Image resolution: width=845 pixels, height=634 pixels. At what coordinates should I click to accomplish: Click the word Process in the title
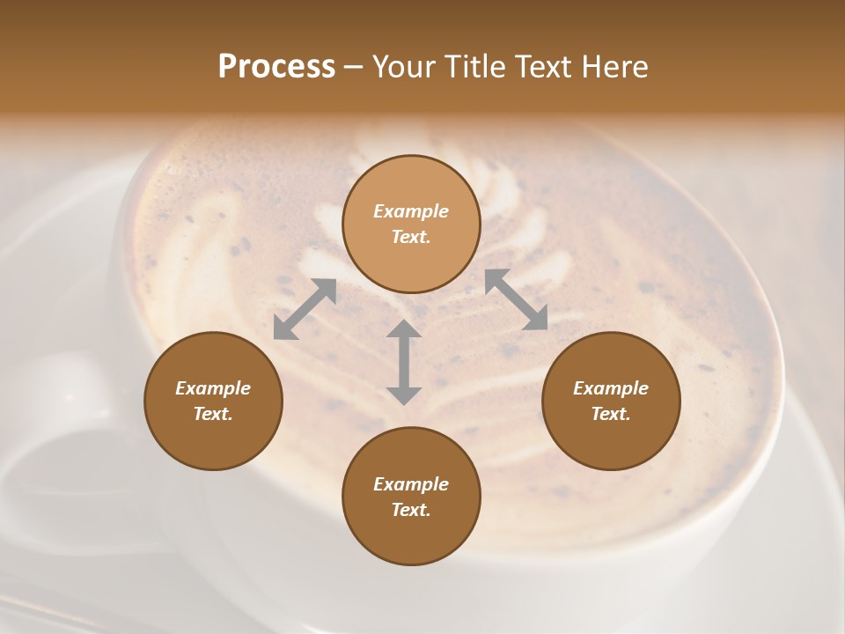coord(276,67)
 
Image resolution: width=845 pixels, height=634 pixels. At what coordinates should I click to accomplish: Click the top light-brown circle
coord(411,224)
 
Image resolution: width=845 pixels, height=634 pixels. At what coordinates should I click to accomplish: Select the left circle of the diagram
coord(213,401)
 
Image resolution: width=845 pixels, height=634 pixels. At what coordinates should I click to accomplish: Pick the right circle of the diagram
coord(611,401)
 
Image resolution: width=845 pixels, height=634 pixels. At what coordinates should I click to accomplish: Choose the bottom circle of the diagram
coord(411,497)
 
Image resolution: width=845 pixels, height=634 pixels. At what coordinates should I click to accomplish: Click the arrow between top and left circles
coord(305,309)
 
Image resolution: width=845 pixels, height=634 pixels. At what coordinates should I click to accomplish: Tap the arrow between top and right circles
coord(517,300)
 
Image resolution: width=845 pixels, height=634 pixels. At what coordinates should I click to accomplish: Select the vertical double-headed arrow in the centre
coord(404,362)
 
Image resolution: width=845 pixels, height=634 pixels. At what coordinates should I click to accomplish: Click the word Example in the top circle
coord(411,211)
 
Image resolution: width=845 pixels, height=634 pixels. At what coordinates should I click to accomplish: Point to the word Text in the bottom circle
coord(411,510)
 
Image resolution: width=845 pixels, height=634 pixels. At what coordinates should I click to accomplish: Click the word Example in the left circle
coord(213,388)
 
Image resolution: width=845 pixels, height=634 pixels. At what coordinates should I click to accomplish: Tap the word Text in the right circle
coord(611,414)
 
